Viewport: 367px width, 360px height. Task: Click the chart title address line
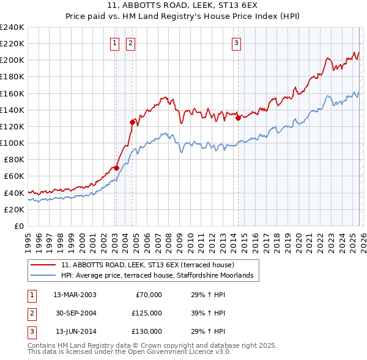point(183,6)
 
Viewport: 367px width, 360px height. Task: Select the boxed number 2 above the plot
point(131,43)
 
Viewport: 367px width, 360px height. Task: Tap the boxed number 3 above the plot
point(236,43)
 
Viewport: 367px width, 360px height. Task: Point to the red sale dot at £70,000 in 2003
point(116,168)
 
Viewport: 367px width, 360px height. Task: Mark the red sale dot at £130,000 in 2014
point(237,118)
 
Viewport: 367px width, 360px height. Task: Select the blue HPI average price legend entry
point(160,276)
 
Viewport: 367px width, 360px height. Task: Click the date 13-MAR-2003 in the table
point(75,295)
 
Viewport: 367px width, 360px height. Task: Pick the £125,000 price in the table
point(147,313)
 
